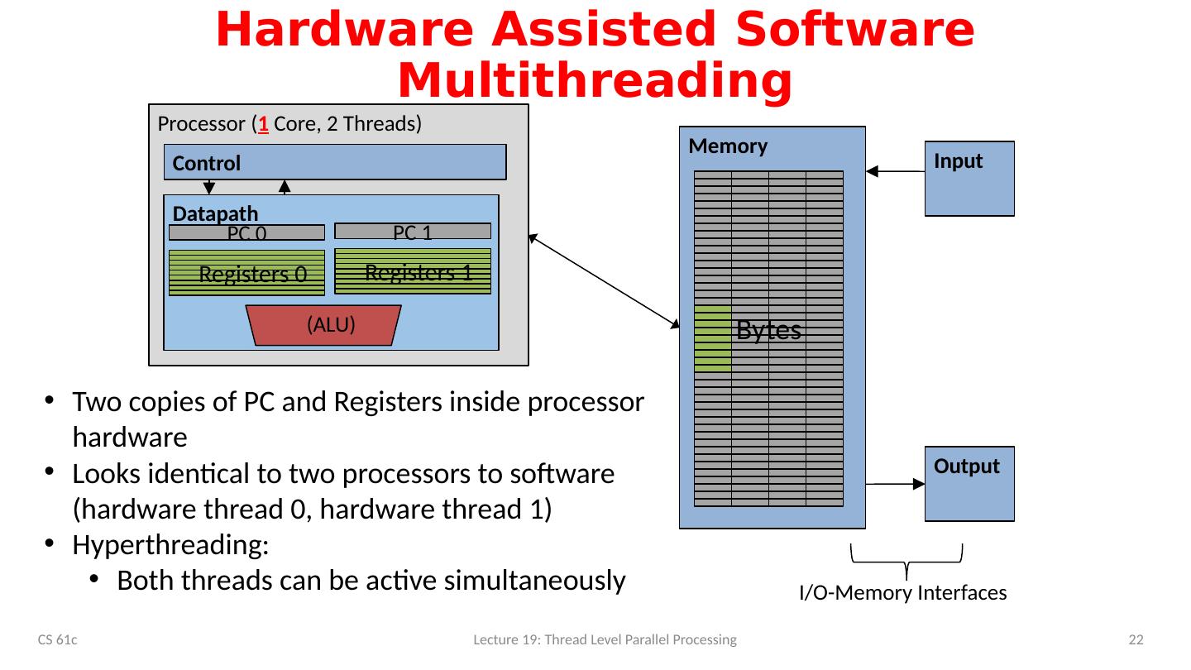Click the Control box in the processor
(335, 162)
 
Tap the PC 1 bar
(412, 232)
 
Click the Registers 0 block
(246, 273)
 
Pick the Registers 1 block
(412, 271)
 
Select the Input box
(969, 179)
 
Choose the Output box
(969, 484)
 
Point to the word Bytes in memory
(768, 330)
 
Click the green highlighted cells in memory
(712, 337)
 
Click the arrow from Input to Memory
(896, 172)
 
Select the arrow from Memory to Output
(896, 484)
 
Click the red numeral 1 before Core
(262, 125)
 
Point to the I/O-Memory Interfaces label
(902, 593)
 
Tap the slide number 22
(1136, 640)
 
